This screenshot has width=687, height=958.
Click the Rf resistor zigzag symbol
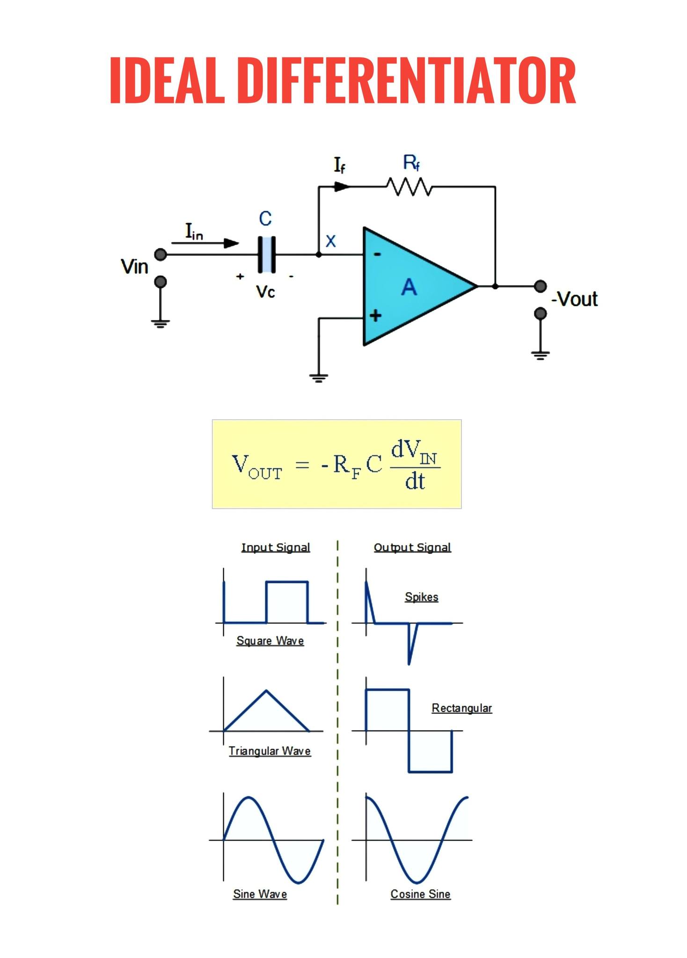[x=409, y=187]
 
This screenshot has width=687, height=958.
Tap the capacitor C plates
[x=267, y=254]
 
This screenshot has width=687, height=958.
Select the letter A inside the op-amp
[x=409, y=287]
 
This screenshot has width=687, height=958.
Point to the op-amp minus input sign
[x=377, y=254]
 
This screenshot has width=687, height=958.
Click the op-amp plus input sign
[x=375, y=316]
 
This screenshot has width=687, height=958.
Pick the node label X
[x=331, y=241]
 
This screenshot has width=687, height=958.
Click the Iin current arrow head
[x=231, y=243]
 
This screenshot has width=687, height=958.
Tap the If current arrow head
[x=342, y=187]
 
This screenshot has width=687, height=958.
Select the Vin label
[x=134, y=267]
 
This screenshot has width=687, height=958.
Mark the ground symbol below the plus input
[x=319, y=378]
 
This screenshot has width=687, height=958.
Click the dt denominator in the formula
[x=415, y=481]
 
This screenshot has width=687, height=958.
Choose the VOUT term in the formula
[x=257, y=467]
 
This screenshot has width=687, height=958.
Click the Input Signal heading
[x=276, y=547]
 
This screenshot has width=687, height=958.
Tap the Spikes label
[x=422, y=597]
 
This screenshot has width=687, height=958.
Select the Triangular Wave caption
[x=270, y=751]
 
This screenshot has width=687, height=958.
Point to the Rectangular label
[x=462, y=708]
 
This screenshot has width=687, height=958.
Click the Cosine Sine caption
[x=420, y=894]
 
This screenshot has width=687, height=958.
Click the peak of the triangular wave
[x=266, y=690]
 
